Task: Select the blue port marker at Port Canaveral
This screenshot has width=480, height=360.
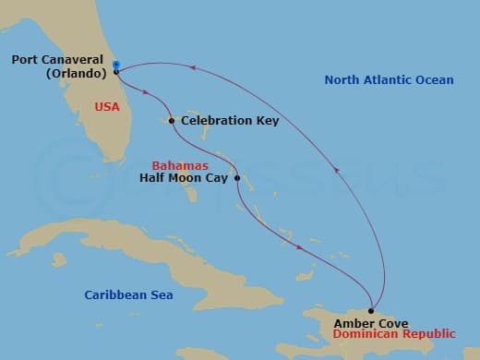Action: [116, 65]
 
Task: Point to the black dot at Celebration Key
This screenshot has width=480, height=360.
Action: [172, 120]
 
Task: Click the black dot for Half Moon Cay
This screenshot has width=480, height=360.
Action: [237, 178]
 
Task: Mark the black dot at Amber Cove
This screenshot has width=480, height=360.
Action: [371, 312]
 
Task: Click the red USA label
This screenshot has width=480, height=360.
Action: [107, 107]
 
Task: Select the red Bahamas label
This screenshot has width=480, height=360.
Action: [181, 165]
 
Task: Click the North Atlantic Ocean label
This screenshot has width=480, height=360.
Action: [389, 80]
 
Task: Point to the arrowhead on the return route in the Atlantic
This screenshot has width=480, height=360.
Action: [336, 169]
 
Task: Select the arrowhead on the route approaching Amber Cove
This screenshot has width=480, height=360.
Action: [301, 246]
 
